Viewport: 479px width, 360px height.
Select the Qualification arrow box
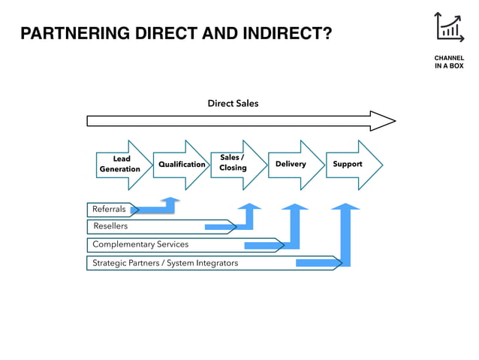click(181, 165)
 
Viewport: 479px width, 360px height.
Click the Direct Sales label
click(233, 103)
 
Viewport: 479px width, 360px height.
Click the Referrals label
click(109, 209)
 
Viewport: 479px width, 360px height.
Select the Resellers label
click(110, 226)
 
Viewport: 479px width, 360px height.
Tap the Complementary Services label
click(140, 244)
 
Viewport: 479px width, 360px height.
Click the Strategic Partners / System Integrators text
click(165, 263)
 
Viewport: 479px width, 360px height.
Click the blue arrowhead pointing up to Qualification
click(170, 201)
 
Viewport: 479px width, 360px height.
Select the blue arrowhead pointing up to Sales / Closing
click(249, 205)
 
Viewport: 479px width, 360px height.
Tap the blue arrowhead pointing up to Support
click(345, 206)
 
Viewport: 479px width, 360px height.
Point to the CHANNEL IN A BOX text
click(449, 62)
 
